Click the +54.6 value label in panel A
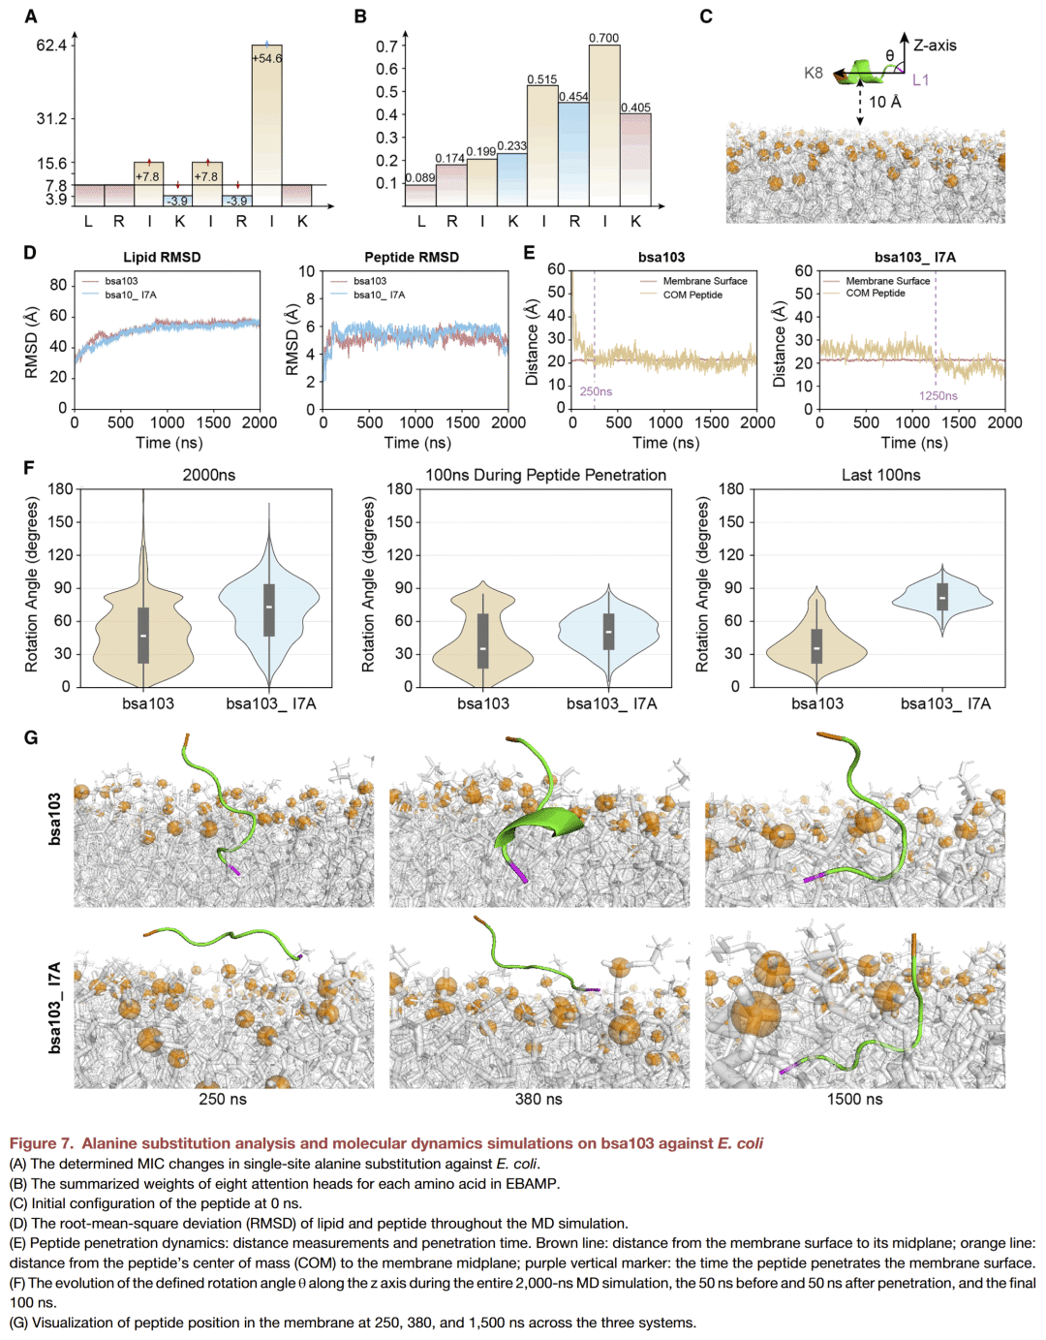[267, 59]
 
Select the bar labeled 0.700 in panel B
[604, 126]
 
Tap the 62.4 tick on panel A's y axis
[51, 45]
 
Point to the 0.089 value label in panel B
[420, 177]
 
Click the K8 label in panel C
[814, 73]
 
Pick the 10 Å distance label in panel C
[884, 102]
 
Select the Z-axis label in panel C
[935, 46]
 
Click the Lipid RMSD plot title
[162, 257]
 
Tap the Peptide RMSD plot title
[412, 257]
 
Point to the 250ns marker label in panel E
[596, 391]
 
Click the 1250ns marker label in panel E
[938, 395]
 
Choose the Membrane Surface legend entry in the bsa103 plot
[704, 281]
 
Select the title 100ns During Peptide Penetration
[545, 475]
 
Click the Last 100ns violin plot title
[880, 475]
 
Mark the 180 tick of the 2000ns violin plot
[60, 489]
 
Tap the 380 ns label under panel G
[538, 1099]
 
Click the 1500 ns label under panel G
[854, 1099]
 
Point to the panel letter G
[31, 738]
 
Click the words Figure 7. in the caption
[43, 1143]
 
